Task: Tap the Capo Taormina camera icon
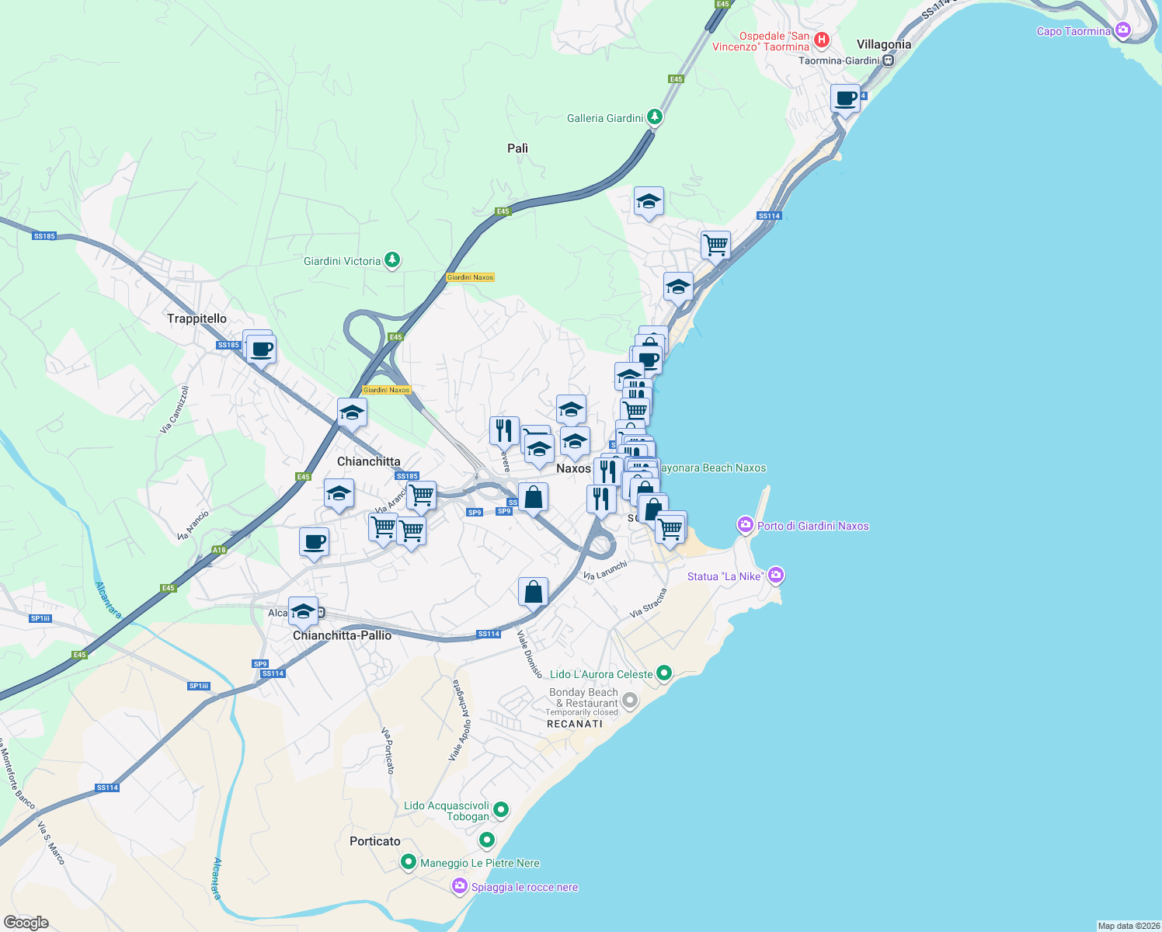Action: click(x=1122, y=31)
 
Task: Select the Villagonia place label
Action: click(x=883, y=44)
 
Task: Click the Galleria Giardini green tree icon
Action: click(x=656, y=117)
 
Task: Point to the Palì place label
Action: click(x=517, y=148)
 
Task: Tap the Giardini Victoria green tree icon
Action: click(x=393, y=260)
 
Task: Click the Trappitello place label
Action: click(x=197, y=318)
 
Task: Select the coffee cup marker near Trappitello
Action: click(x=262, y=349)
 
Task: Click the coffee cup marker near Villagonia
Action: click(x=845, y=99)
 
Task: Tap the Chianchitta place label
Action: click(x=369, y=461)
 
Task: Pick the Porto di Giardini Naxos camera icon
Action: click(x=746, y=526)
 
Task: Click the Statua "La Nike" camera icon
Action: click(x=776, y=576)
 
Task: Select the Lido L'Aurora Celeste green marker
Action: click(x=664, y=673)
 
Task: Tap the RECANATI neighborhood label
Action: click(x=575, y=724)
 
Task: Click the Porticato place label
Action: click(x=375, y=841)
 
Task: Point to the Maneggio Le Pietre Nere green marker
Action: click(x=409, y=862)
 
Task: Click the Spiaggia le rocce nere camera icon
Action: click(x=460, y=886)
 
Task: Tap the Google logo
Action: click(x=26, y=923)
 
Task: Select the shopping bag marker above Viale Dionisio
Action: click(x=533, y=592)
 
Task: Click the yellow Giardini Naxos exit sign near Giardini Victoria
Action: click(x=471, y=277)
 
